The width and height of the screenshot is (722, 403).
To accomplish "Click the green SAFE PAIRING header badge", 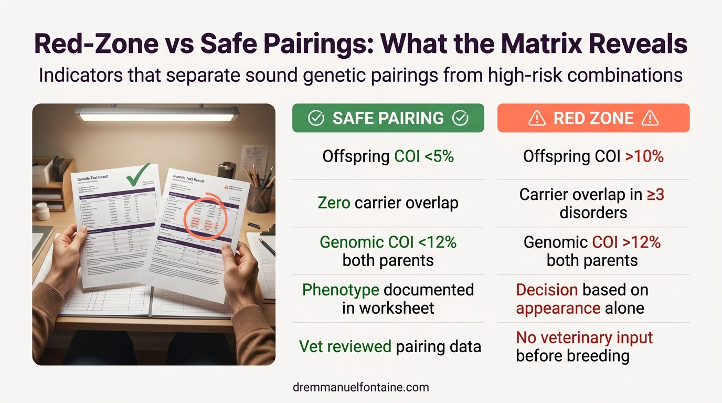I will click(x=388, y=118).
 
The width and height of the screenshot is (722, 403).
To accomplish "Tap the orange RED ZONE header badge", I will click(x=593, y=118).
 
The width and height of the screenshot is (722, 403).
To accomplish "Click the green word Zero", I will click(x=334, y=203).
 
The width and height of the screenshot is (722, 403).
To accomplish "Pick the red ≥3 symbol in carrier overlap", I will click(x=655, y=195).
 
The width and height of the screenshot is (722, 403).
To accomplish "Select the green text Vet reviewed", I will click(x=345, y=346).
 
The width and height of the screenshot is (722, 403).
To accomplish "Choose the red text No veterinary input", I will click(x=584, y=337).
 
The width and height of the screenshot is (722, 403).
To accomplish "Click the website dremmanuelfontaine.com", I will click(x=361, y=388).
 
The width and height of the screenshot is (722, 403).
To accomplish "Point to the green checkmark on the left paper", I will click(x=139, y=174).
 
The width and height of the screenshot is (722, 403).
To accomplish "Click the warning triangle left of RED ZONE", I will click(x=537, y=119).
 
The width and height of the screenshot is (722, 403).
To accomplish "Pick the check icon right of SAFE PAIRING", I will click(x=460, y=119).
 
